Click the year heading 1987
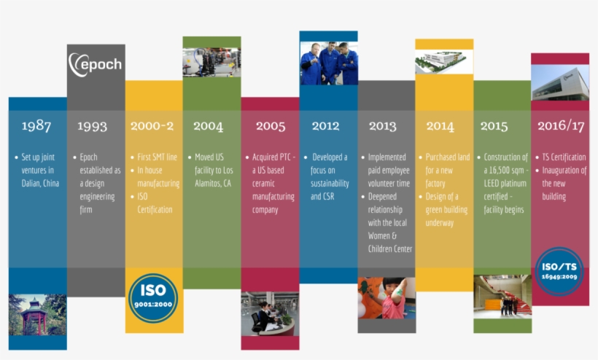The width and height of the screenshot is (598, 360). pos(36,125)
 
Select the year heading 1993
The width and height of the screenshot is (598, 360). pos(93,125)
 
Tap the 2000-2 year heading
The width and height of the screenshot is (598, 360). pos(152,125)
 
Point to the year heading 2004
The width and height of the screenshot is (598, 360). pos(208,125)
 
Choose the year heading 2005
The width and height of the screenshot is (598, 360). pos(271,125)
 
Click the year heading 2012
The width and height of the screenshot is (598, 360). pos(325,125)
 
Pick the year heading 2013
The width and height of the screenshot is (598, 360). pos(382,125)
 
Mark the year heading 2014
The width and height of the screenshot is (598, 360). pos(440,125)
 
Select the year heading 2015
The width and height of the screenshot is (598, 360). pos(494,125)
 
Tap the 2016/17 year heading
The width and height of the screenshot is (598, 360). pos(561,125)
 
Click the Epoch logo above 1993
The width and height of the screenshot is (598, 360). pos(96,64)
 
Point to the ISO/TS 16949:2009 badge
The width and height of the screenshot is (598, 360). pos(559,272)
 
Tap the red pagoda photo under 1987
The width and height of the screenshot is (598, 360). pos(37,314)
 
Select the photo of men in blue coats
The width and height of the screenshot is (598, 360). pos(328,63)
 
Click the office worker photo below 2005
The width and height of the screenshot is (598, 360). pos(270,314)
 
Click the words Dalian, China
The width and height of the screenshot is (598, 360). pos(40,184)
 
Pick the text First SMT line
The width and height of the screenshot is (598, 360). pos(157,157)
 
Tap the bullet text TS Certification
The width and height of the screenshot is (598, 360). pos(564,157)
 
